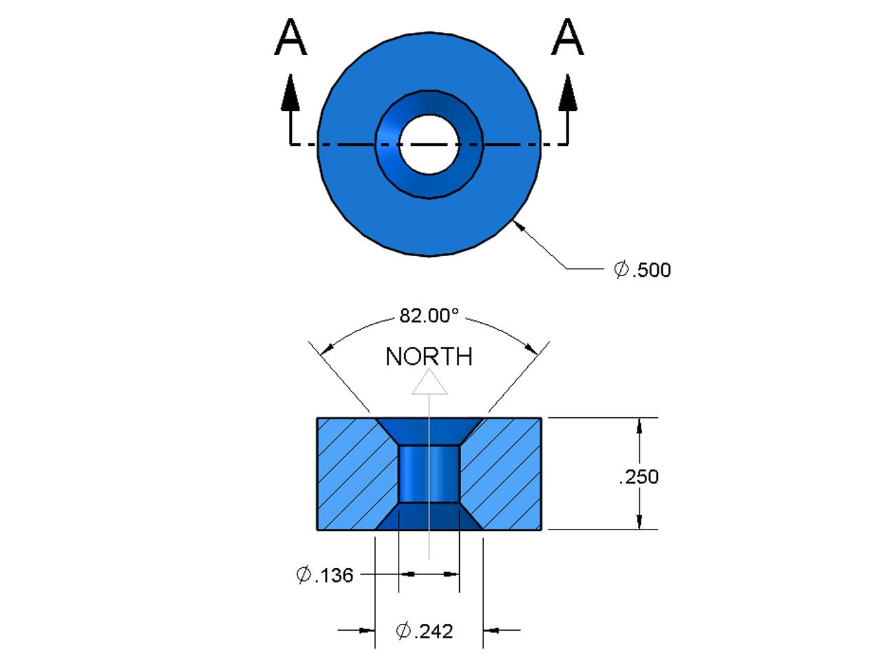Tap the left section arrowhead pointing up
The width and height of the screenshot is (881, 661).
click(x=290, y=94)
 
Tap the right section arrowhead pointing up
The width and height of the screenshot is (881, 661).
click(x=567, y=94)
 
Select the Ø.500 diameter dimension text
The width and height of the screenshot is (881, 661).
click(x=642, y=269)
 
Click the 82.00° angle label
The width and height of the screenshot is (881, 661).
click(x=429, y=316)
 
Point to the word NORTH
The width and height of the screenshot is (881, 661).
click(x=429, y=357)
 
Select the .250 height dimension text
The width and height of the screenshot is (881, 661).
click(x=639, y=476)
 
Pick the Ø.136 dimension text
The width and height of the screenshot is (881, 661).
click(x=325, y=575)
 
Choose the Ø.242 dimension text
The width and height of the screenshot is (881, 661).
click(x=425, y=631)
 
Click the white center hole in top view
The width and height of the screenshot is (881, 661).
click(x=428, y=144)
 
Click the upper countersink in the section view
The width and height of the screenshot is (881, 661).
click(x=429, y=431)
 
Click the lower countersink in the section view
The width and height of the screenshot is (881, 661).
click(x=429, y=516)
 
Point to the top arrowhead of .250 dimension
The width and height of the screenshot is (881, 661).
click(x=640, y=426)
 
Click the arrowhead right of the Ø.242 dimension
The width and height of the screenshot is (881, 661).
click(x=491, y=629)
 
